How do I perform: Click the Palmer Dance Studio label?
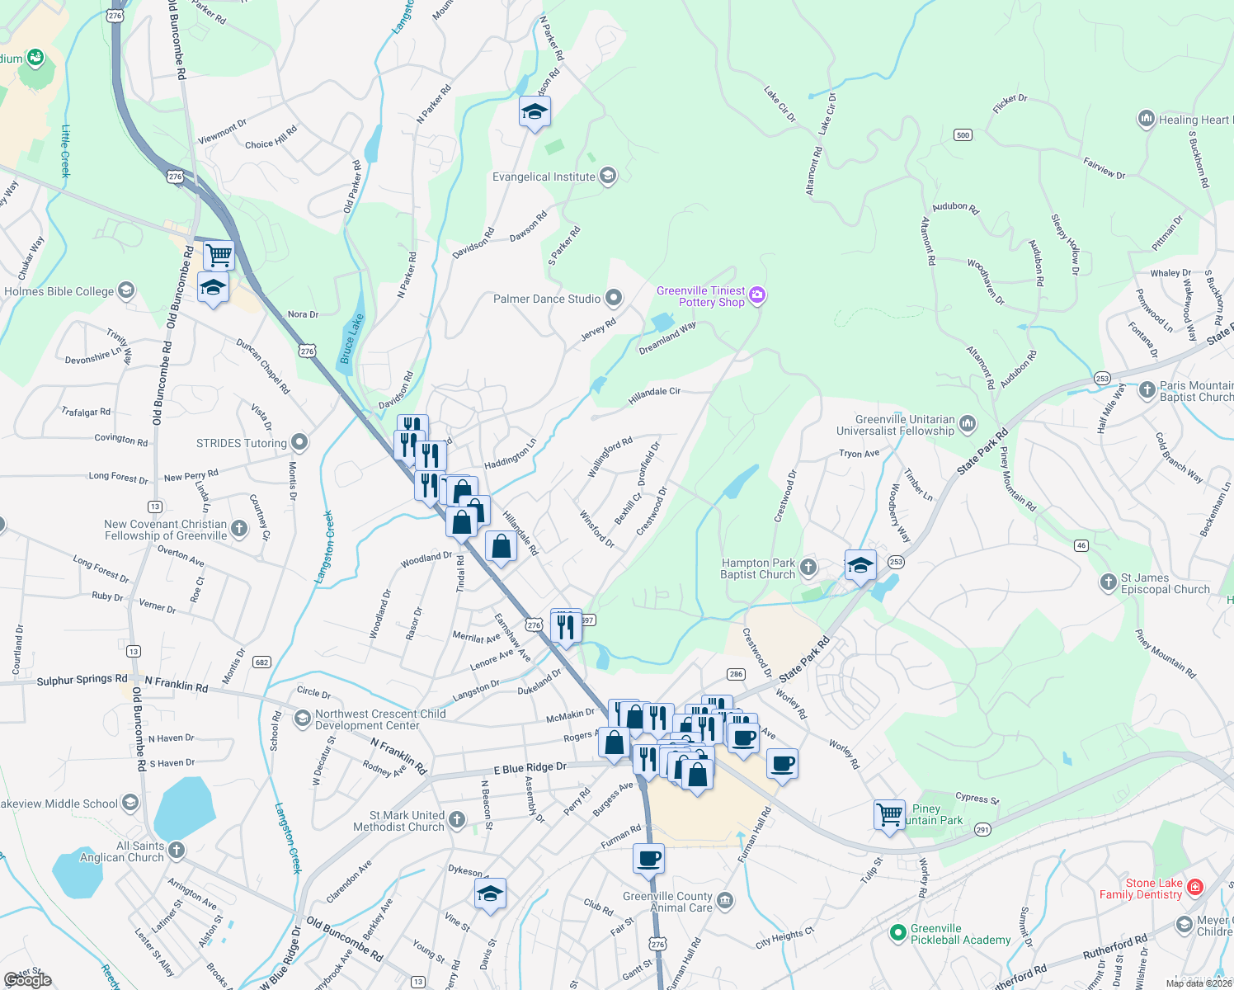tap(547, 299)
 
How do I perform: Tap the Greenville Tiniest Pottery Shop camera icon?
tap(757, 295)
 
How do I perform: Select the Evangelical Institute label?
tap(544, 177)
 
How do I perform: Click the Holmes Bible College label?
tap(59, 291)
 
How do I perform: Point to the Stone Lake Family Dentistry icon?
tap(1195, 888)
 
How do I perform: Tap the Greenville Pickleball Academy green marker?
tap(898, 933)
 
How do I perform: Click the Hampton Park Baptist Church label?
tap(758, 568)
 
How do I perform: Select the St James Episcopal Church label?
tap(1165, 583)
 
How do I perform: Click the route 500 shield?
tap(963, 134)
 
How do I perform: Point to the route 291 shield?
tap(982, 830)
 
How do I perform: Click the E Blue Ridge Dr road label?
tap(530, 768)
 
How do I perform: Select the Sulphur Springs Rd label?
tap(82, 680)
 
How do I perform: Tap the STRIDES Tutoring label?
tap(242, 443)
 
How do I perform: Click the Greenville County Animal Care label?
tap(667, 902)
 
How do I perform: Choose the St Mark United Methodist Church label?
tap(398, 821)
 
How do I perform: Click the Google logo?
tap(27, 980)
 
